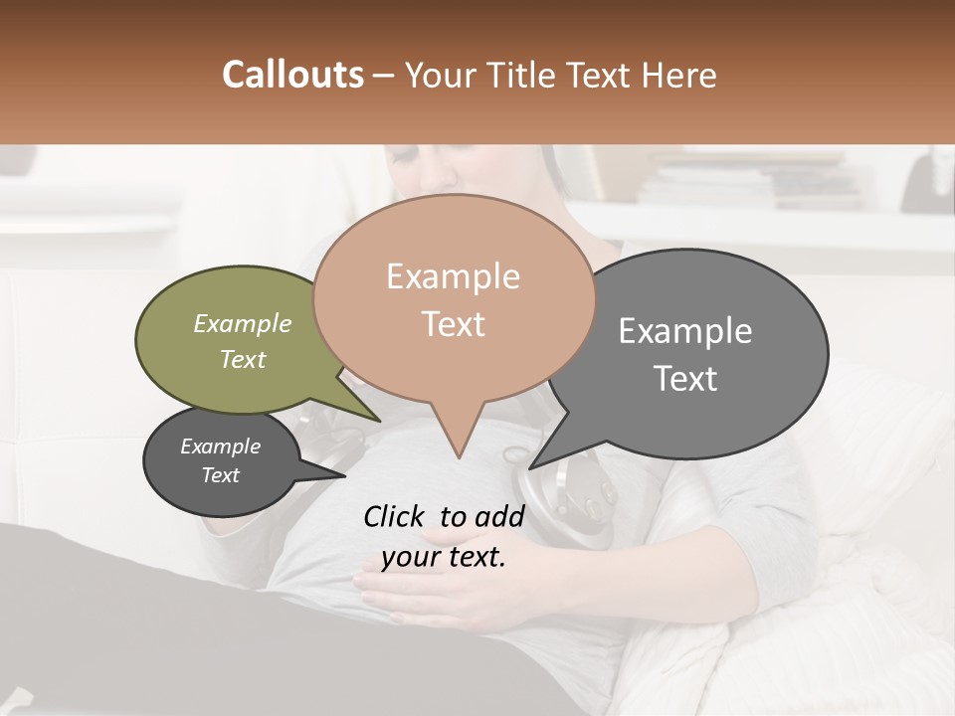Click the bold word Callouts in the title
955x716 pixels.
coord(292,75)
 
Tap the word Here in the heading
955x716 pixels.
coord(680,75)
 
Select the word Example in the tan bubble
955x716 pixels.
coord(453,276)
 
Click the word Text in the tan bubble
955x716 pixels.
coord(453,324)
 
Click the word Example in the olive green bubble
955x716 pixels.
coord(243,324)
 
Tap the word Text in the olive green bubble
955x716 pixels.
coord(243,359)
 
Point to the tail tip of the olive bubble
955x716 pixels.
coord(379,421)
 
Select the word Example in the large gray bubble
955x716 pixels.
coord(685,331)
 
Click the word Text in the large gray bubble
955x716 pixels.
coord(685,379)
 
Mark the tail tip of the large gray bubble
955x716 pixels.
coord(531,467)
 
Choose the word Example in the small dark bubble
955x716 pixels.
coord(221,447)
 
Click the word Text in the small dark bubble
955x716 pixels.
coord(221,475)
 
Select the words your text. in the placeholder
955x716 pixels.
coord(444,557)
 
